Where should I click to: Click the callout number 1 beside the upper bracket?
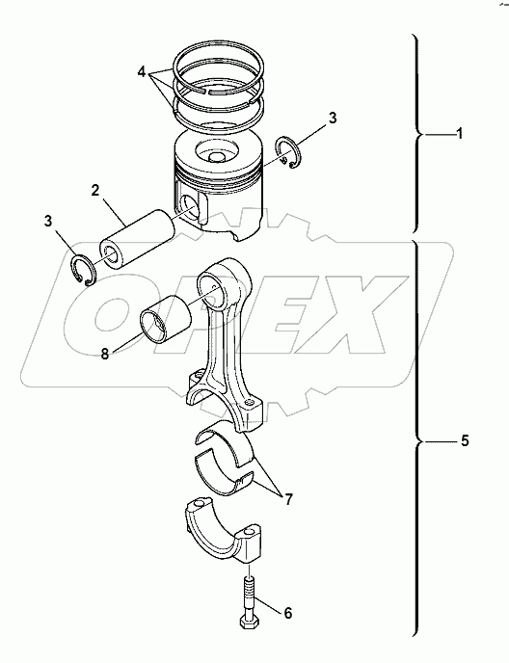pos(460,134)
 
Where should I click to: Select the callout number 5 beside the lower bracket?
pos(464,441)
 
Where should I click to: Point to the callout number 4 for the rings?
pos(142,72)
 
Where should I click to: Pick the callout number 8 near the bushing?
pos(105,354)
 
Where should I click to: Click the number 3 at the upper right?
pos(332,119)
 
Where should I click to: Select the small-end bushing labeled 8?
pos(166,321)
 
